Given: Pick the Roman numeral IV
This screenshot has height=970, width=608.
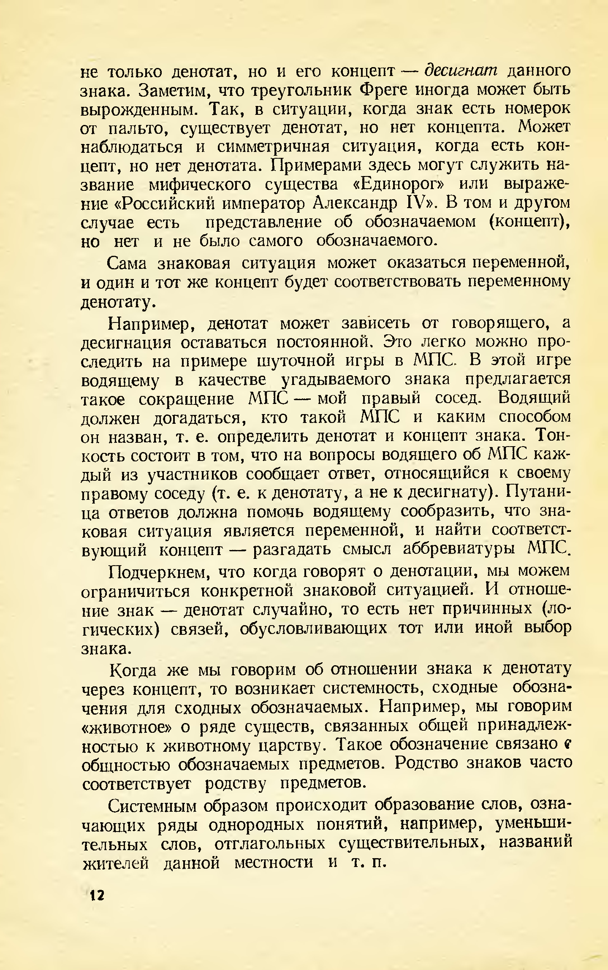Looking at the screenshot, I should point(420,204).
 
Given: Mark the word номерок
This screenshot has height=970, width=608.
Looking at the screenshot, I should point(537,108).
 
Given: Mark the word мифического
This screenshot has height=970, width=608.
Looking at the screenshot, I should point(200,185).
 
